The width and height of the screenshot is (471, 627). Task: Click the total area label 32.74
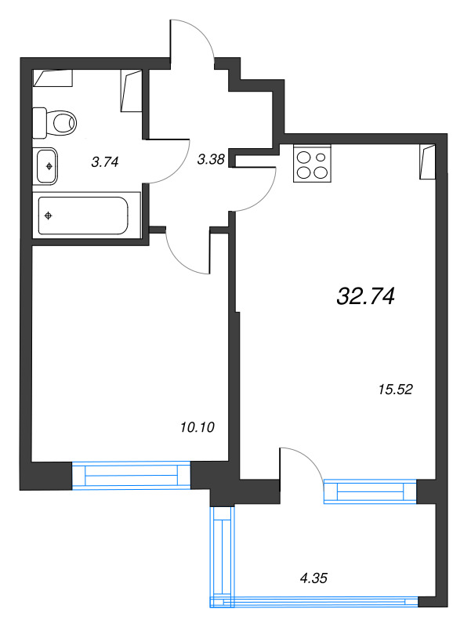point(366,297)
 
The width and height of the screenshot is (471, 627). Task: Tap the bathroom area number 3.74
point(105,162)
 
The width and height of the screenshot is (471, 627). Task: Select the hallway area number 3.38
point(211,160)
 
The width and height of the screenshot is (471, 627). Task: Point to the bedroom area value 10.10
point(197,427)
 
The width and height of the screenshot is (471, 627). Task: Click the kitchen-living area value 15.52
point(395,389)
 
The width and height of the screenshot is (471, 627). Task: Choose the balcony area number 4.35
point(313,578)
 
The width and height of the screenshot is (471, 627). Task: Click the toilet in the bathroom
point(54,121)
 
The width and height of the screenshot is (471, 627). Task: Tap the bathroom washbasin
point(47,166)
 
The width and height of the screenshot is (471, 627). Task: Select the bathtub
point(86,216)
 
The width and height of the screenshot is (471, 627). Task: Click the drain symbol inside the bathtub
point(49,216)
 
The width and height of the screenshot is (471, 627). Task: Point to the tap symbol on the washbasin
point(49,166)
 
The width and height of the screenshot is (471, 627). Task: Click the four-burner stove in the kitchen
point(312,163)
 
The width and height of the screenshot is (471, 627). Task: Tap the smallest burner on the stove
point(321,158)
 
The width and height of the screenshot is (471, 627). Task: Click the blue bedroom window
point(131,475)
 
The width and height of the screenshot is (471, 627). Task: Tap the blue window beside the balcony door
point(370,491)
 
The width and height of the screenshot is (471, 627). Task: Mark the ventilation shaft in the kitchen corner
point(427,161)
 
